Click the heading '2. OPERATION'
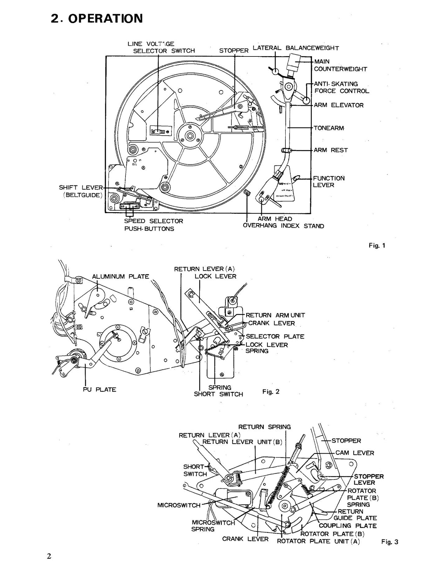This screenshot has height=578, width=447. pyautogui.click(x=97, y=18)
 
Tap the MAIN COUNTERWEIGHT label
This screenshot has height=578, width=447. pyautogui.click(x=340, y=66)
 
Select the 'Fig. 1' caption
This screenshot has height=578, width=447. pyautogui.click(x=377, y=246)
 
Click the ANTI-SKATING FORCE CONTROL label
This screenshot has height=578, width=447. pyautogui.click(x=341, y=88)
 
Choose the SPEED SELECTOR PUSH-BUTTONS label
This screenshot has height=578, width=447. pyautogui.click(x=154, y=225)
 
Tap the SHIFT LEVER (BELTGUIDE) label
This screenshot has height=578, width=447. pyautogui.click(x=81, y=191)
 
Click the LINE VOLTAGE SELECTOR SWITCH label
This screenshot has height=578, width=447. pyautogui.click(x=161, y=47)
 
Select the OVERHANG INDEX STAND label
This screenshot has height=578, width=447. pyautogui.click(x=283, y=226)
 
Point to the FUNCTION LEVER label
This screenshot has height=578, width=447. pyautogui.click(x=329, y=182)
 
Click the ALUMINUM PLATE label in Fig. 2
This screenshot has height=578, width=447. pyautogui.click(x=120, y=277)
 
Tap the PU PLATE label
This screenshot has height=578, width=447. pyautogui.click(x=99, y=389)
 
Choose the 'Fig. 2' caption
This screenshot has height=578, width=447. pyautogui.click(x=271, y=392)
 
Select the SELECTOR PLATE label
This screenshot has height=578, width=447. pyautogui.click(x=275, y=336)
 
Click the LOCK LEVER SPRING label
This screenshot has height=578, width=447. pyautogui.click(x=266, y=348)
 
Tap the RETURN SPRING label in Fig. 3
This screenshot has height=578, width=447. pyautogui.click(x=264, y=427)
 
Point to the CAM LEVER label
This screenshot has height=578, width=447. pyautogui.click(x=354, y=453)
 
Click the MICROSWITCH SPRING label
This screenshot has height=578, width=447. pyautogui.click(x=213, y=526)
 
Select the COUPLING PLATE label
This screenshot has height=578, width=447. pyautogui.click(x=347, y=526)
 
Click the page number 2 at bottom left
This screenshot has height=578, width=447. pyautogui.click(x=49, y=556)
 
